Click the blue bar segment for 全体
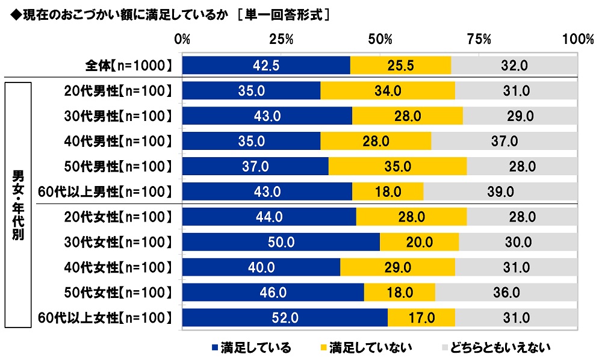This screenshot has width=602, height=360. [266, 66]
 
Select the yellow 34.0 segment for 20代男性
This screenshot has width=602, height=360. [388, 91]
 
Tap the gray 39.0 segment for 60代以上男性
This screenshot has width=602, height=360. [500, 191]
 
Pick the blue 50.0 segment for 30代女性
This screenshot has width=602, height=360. [281, 242]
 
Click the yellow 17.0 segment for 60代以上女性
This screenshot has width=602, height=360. [421, 317]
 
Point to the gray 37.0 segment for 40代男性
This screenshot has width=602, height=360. [504, 141]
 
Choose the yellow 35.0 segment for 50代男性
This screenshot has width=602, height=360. [397, 167]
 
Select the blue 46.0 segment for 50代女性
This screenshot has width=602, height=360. [273, 293]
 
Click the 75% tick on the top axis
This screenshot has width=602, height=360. [479, 39]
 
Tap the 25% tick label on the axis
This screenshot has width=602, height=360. [281, 39]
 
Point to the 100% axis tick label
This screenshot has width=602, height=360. [577, 39]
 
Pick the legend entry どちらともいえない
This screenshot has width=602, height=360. [496, 347]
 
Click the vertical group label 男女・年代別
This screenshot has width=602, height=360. [17, 205]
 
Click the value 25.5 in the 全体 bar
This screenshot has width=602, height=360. [400, 66]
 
